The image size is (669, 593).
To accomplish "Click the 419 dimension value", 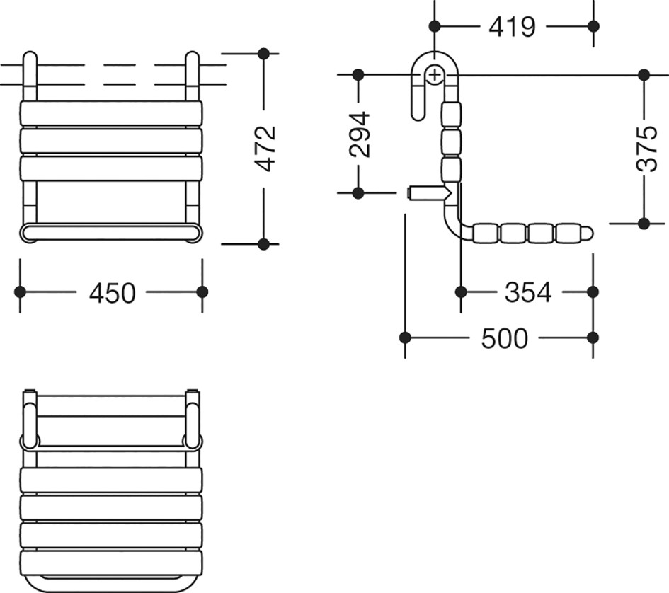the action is [x=512, y=27].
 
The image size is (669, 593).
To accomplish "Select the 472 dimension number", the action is [x=268, y=149].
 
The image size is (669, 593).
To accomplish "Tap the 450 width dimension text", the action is [x=113, y=293].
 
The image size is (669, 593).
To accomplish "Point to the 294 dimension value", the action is [x=359, y=135].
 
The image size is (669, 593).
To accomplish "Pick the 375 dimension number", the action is [x=647, y=149].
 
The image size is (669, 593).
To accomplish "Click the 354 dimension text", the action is [x=528, y=293].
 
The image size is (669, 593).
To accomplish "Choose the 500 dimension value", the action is [x=505, y=339].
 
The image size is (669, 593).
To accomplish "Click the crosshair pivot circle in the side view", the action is [x=435, y=76].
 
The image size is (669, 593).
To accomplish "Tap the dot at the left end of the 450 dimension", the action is [x=20, y=292].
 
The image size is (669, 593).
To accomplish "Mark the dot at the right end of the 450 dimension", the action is [x=202, y=292].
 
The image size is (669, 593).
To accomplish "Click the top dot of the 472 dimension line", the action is [x=263, y=54].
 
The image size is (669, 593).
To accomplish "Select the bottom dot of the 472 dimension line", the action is [x=263, y=244].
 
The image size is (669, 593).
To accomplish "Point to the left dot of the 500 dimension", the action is [x=405, y=338].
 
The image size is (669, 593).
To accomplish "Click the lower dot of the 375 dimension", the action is [x=644, y=223].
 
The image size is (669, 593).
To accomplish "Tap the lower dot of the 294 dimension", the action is [x=358, y=193].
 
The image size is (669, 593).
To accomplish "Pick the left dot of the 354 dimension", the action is [x=461, y=292].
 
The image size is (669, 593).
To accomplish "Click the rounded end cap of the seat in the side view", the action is [x=588, y=233].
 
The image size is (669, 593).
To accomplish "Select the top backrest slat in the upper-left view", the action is [x=111, y=113].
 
